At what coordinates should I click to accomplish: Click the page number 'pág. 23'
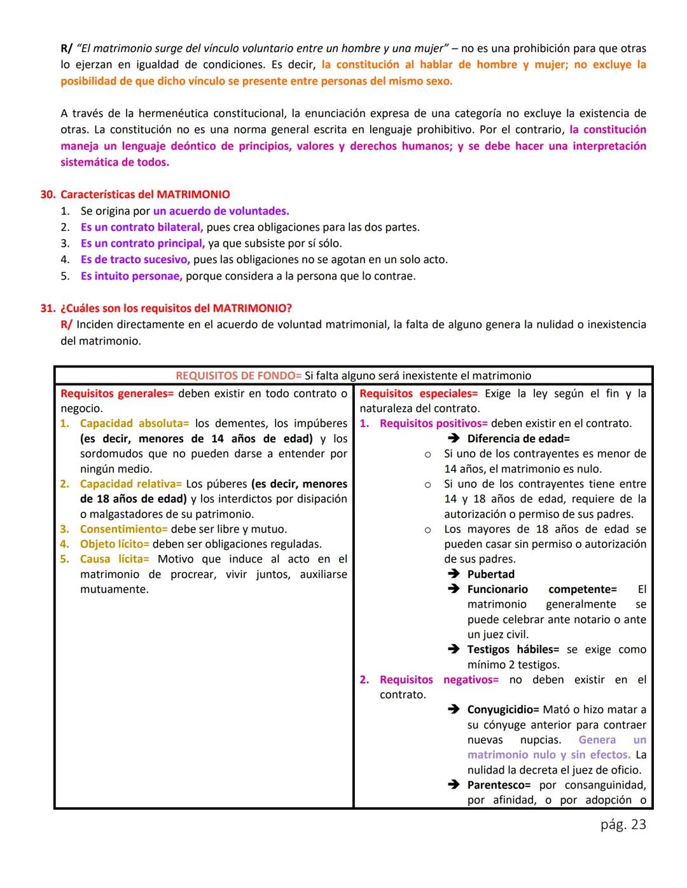[x=623, y=824]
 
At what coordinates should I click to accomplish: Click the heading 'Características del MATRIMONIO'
[x=145, y=195]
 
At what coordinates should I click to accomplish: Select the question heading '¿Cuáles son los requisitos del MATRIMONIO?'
[x=176, y=308]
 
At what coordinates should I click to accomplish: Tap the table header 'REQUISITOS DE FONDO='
[x=239, y=376]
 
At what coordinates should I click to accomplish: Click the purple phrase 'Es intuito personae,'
[x=132, y=276]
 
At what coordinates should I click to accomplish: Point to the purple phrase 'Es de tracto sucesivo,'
[x=135, y=259]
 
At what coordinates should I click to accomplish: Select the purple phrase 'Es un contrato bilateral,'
[x=142, y=227]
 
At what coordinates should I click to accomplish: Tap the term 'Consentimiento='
[x=123, y=529]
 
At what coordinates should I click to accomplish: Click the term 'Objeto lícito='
[x=114, y=544]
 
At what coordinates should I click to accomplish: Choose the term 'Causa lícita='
[x=114, y=559]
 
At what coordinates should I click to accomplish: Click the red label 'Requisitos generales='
[x=117, y=393]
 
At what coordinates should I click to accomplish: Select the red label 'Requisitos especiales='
[x=418, y=393]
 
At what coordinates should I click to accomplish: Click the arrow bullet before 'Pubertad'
[x=454, y=574]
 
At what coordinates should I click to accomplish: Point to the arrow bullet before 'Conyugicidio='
[x=454, y=709]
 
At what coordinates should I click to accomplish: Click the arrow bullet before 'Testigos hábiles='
[x=454, y=649]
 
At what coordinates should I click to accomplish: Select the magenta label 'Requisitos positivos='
[x=433, y=423]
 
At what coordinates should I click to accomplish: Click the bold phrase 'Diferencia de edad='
[x=518, y=439]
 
